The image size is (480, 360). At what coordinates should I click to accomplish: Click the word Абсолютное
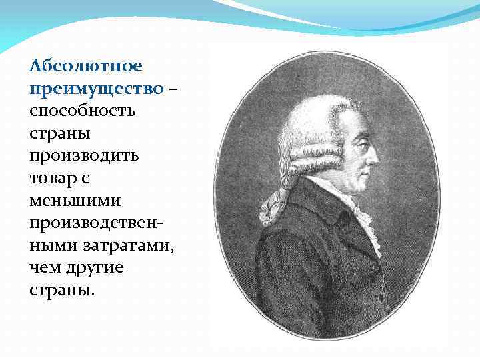[x=86, y=66]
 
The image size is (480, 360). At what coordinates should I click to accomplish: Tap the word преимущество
[x=96, y=89]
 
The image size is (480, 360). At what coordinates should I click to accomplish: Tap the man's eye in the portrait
[x=361, y=141]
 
